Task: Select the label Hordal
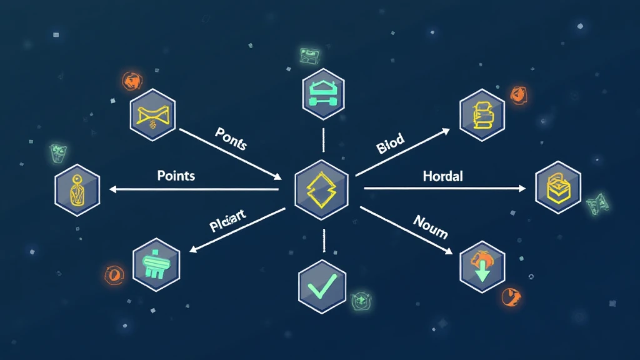442,176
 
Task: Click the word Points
176,175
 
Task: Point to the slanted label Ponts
231,138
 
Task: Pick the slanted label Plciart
228,222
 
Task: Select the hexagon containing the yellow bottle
77,189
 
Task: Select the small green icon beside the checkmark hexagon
360,301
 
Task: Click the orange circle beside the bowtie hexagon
131,80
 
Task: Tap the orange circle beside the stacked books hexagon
518,94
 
